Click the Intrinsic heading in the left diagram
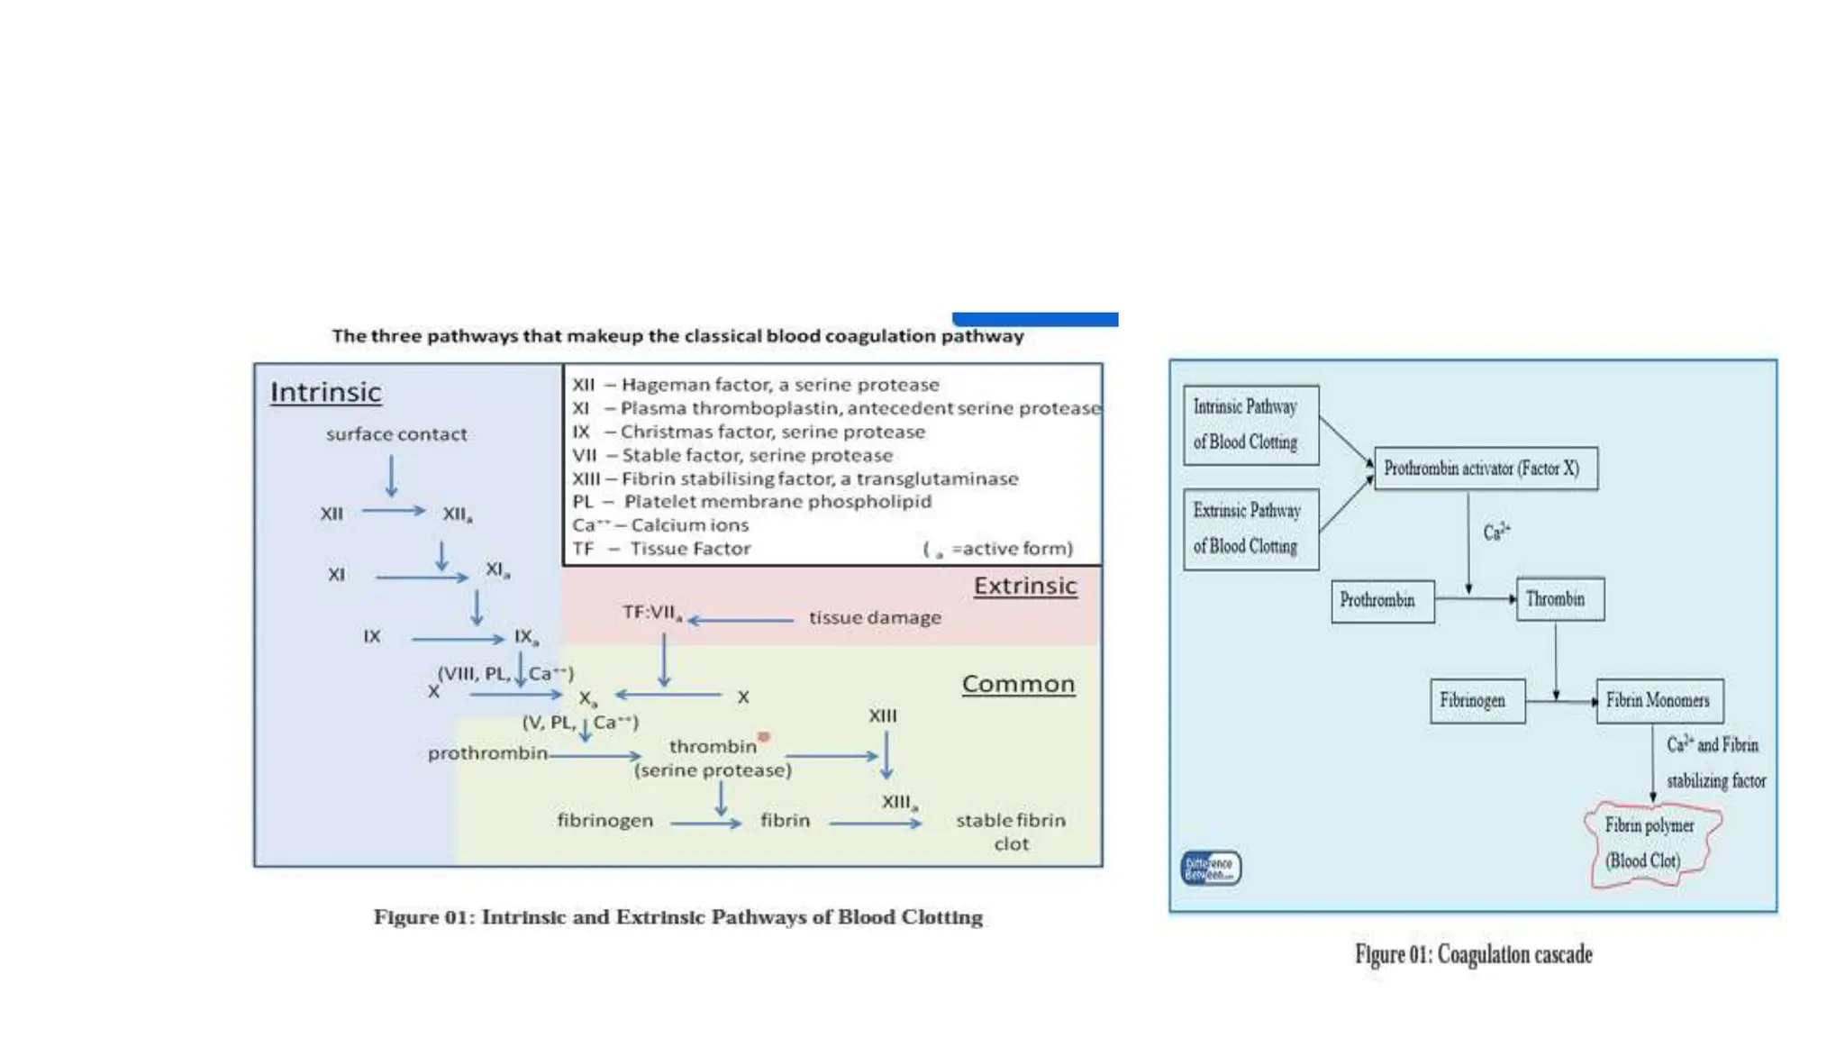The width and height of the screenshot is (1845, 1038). (325, 393)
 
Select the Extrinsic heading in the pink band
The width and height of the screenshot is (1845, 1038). (1024, 587)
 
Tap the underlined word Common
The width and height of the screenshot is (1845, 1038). (1018, 685)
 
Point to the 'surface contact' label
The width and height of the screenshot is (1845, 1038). (396, 434)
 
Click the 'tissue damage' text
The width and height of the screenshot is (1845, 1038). (875, 618)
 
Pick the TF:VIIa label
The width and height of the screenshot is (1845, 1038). (651, 613)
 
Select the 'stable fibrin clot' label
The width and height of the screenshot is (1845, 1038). (1010, 832)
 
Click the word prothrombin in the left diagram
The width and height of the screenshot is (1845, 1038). (487, 753)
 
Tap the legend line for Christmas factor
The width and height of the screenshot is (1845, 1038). (749, 432)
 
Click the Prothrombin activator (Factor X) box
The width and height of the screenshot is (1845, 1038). (1486, 469)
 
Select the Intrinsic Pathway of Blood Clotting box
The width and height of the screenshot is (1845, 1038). (1250, 425)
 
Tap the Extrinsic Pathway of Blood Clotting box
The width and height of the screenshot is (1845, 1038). (1250, 529)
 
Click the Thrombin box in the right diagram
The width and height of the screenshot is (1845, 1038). (1559, 599)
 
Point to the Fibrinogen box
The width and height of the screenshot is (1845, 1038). (1477, 701)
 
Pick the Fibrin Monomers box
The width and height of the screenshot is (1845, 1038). (1659, 701)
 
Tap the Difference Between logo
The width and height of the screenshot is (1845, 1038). (1210, 869)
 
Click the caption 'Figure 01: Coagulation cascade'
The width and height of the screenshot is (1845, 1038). (1473, 954)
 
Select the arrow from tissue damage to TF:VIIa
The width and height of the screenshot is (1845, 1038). (741, 620)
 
